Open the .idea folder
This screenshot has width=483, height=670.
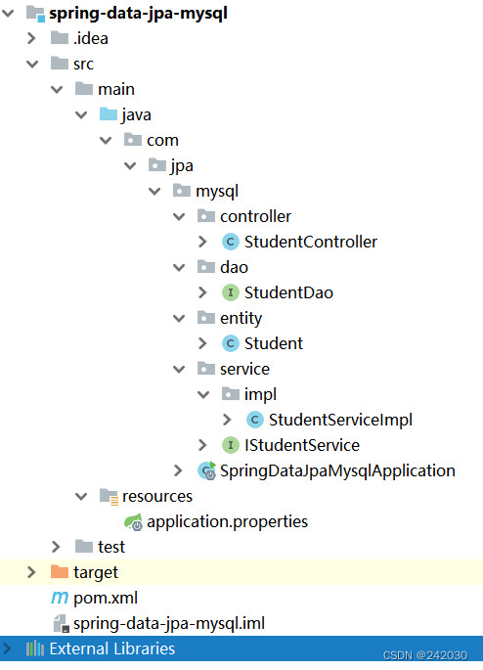(x=91, y=39)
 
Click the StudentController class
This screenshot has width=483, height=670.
(x=310, y=242)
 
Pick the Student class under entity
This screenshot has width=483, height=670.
(x=273, y=343)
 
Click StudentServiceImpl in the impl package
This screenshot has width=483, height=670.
(x=340, y=420)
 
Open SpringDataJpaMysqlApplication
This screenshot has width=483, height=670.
(x=337, y=470)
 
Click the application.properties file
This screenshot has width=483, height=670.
(x=228, y=521)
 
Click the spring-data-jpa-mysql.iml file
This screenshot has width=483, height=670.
(x=168, y=623)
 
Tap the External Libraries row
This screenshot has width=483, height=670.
(x=111, y=648)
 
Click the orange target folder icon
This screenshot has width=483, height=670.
(x=59, y=572)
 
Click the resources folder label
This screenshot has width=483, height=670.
(x=156, y=496)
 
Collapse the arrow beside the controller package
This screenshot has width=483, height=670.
(x=178, y=216)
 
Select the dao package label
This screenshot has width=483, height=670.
(x=234, y=267)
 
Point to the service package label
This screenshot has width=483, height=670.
(x=244, y=369)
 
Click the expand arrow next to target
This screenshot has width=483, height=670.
(x=31, y=572)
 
